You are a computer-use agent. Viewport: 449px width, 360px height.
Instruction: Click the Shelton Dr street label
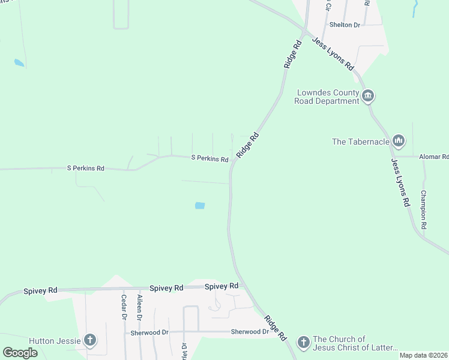345,25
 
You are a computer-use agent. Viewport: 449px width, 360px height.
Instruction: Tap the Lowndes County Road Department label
327,97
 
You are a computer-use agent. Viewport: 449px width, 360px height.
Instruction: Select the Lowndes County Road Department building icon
368,95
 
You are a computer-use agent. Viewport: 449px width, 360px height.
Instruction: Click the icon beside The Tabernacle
398,142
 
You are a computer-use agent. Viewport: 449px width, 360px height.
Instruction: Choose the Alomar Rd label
436,157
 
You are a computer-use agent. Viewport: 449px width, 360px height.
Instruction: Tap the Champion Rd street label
423,210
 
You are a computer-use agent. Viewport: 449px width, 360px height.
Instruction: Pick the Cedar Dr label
124,307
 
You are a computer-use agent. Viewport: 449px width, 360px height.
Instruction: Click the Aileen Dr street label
140,307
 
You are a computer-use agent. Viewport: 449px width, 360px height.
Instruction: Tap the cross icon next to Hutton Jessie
89,341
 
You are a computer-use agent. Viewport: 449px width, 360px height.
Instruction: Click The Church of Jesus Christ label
354,343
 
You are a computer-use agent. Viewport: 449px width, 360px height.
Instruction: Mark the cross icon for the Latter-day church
303,343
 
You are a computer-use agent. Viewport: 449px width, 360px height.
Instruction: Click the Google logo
20,352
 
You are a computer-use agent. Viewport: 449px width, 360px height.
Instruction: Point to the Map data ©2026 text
424,355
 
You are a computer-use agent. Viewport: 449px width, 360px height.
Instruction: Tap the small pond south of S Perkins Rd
200,206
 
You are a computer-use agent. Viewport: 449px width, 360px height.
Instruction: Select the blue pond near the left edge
19,62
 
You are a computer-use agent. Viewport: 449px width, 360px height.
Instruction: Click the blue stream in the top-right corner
414,7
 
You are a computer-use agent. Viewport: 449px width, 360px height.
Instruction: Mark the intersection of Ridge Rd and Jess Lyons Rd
305,31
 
